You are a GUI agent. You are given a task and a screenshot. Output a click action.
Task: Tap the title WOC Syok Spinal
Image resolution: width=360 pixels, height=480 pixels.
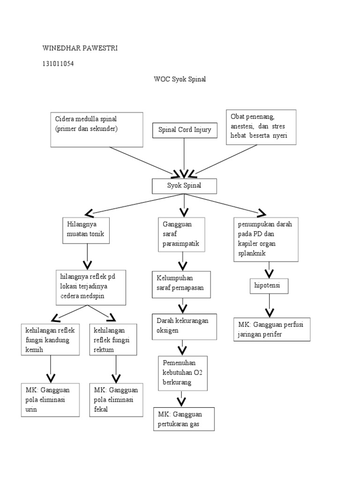pyautogui.click(x=180, y=79)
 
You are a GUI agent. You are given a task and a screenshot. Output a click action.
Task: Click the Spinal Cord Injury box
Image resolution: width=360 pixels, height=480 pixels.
pyautogui.click(x=185, y=130)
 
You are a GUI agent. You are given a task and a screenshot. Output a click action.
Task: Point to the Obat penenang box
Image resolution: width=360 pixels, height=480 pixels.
pyautogui.click(x=261, y=127)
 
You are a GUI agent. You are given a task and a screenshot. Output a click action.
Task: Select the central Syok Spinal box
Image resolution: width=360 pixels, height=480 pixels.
pyautogui.click(x=184, y=186)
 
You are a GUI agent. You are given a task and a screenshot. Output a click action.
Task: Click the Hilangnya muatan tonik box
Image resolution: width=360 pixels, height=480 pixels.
pyautogui.click(x=86, y=230)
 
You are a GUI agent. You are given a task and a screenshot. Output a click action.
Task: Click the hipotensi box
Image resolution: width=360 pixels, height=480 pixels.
pyautogui.click(x=268, y=285)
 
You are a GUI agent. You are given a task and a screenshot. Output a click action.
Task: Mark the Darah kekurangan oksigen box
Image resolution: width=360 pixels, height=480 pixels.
pyautogui.click(x=184, y=326)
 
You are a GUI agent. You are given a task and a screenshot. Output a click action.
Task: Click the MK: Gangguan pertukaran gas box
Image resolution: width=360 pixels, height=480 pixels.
pyautogui.click(x=183, y=419)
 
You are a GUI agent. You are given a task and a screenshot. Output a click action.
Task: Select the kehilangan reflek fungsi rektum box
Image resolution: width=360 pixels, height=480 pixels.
pyautogui.click(x=114, y=339)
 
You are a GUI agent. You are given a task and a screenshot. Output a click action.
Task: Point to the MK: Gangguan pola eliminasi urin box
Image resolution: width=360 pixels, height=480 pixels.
pyautogui.click(x=50, y=399)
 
